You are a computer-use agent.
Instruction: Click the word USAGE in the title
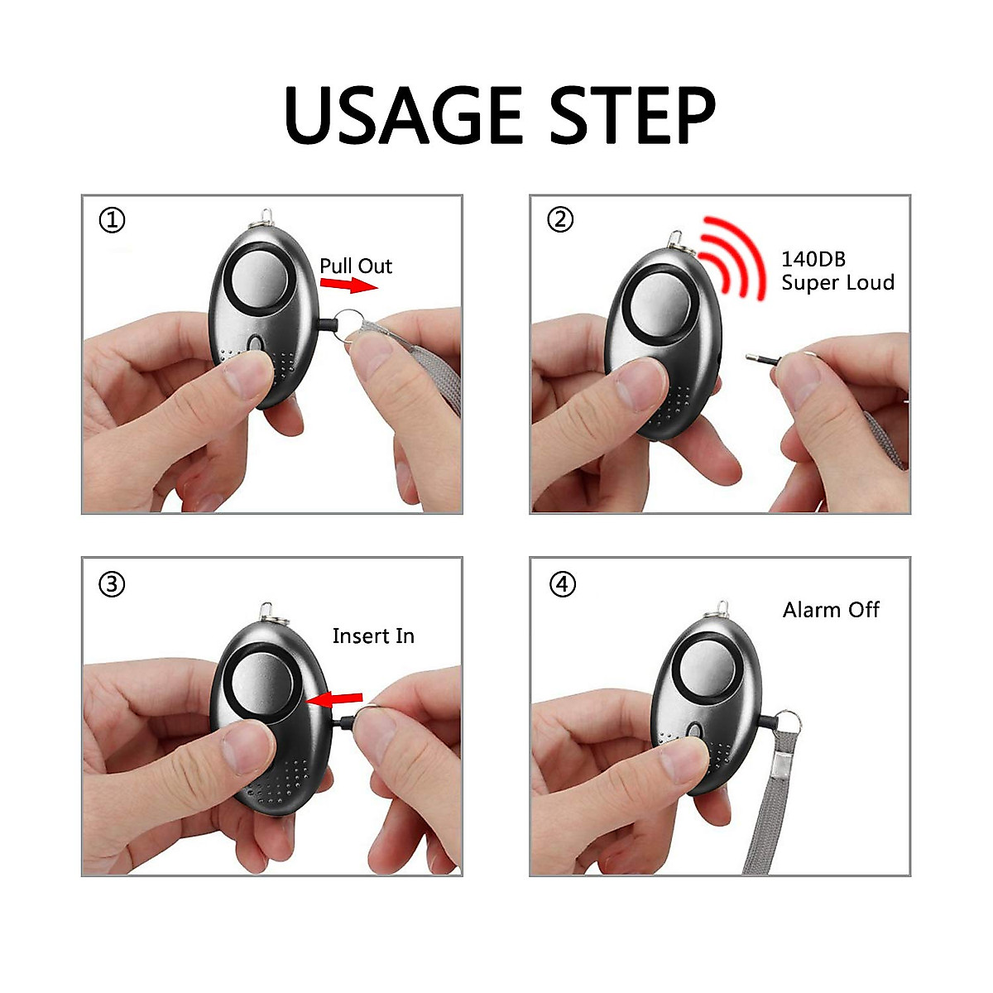404,115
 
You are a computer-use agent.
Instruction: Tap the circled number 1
113,220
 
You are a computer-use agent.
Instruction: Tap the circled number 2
560,219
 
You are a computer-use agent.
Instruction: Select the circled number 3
112,584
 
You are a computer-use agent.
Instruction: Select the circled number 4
562,584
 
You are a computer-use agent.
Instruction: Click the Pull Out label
356,266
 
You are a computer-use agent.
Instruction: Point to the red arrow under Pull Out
348,285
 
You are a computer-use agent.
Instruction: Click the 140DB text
813,259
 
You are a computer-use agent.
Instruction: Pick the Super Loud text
837,283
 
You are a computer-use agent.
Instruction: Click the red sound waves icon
732,257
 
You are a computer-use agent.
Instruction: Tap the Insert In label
373,636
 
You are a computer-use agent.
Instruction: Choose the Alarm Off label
831,610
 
